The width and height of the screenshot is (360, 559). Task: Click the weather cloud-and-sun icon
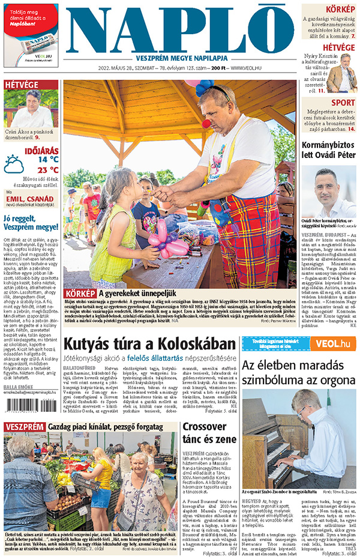pos(14,164)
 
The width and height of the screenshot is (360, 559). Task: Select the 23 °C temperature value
pos(48,170)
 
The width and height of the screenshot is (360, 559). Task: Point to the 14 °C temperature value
pos(48,160)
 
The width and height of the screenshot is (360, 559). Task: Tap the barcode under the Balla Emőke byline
pos(27,406)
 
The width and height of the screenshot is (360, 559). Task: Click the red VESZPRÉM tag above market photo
pos(24,426)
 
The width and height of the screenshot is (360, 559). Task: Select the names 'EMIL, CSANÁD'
pos(31,199)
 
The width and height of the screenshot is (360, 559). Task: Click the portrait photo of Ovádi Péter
pos(329,192)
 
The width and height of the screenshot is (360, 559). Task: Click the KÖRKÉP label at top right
pos(340,10)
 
